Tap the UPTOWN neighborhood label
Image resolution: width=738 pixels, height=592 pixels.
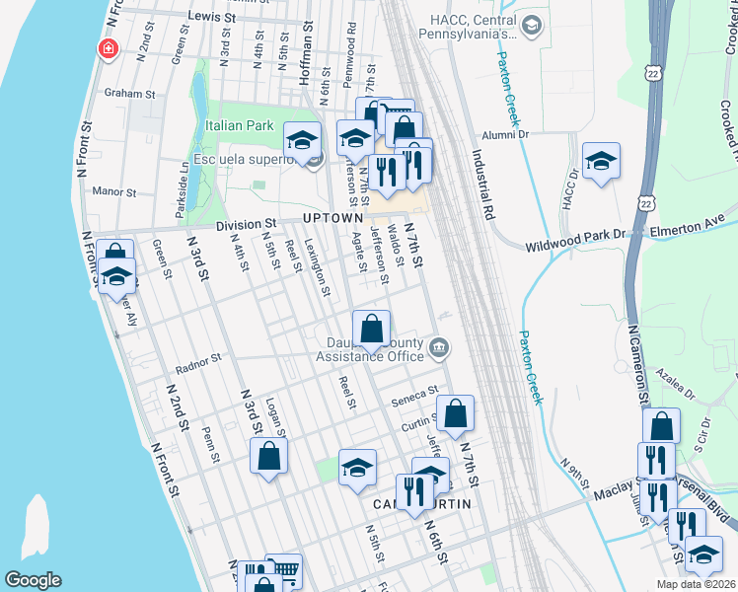(332, 217)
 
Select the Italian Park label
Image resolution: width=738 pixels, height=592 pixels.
(239, 126)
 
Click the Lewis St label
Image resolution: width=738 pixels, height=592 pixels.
(212, 17)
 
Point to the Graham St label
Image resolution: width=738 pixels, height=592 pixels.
(125, 94)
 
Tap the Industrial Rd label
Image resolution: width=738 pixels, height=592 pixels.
(482, 185)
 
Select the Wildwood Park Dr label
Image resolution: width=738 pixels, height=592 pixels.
(576, 235)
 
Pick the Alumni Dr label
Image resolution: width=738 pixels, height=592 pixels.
(506, 135)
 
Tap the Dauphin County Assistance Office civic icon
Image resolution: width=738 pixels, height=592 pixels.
(439, 347)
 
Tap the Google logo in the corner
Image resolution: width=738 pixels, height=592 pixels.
(33, 580)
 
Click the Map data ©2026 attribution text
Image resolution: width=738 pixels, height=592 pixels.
(696, 584)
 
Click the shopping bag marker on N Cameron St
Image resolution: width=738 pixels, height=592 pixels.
(661, 426)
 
